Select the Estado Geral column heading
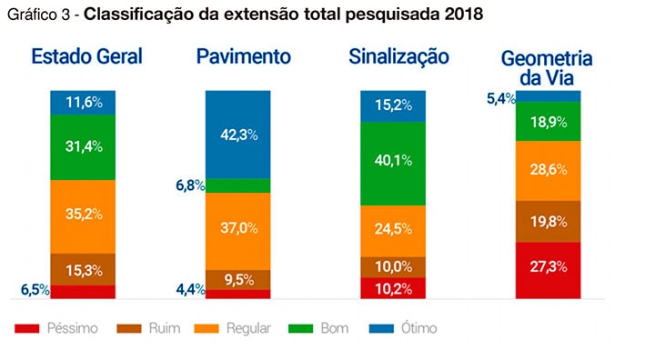(86, 56)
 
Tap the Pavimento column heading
(244, 56)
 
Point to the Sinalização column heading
(398, 56)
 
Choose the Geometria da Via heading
(547, 69)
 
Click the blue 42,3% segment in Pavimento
(238, 135)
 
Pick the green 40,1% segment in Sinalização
(393, 159)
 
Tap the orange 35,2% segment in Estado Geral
(83, 215)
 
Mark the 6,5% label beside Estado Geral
(35, 291)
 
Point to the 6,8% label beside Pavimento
(189, 185)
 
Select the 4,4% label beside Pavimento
(189, 291)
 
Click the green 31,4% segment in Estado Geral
(83, 146)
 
